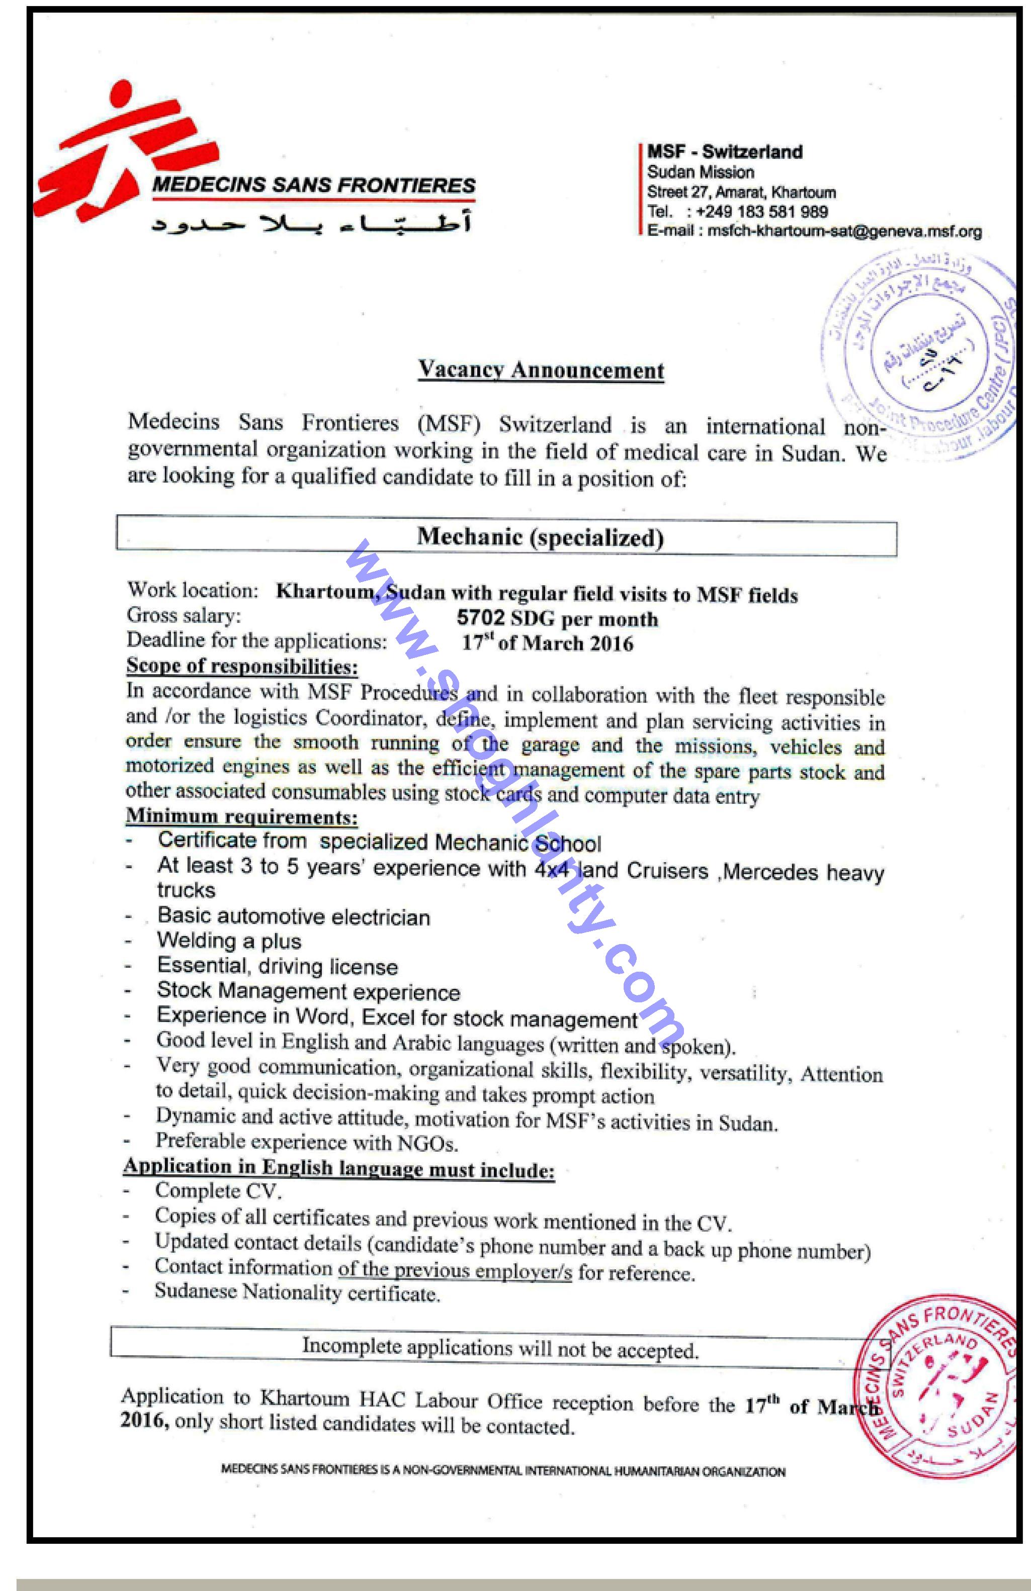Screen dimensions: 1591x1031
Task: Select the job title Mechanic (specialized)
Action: (540, 537)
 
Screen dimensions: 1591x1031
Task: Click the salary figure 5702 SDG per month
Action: (557, 618)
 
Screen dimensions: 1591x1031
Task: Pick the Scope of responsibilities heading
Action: (242, 667)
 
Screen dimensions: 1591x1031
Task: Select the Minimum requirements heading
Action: (241, 816)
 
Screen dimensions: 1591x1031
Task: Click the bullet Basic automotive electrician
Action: (294, 916)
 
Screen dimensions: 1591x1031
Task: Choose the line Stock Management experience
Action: (308, 991)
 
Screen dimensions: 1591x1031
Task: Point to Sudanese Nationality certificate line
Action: (297, 1292)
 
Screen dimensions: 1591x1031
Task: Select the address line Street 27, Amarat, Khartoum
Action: (741, 193)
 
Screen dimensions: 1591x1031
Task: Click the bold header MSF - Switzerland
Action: (724, 152)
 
